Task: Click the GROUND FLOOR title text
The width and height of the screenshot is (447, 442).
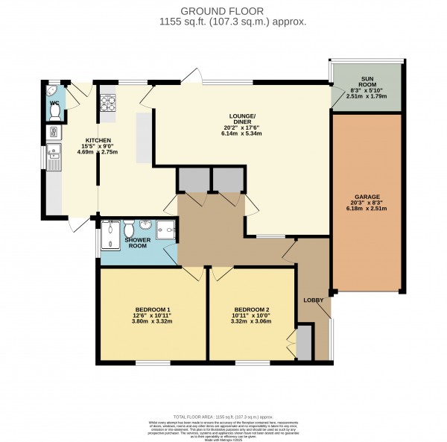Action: tap(223, 11)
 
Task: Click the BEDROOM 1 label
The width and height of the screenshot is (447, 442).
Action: tap(153, 309)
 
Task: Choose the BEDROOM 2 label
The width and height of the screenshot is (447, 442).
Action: tap(251, 309)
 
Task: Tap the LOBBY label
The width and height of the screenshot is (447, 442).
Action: tap(313, 300)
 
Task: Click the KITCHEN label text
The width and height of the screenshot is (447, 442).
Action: tap(98, 140)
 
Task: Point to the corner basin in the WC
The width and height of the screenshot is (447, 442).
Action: tap(52, 92)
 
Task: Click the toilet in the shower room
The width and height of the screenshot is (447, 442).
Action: tap(127, 227)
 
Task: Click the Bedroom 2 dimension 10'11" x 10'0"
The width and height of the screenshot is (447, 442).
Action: tap(251, 316)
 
